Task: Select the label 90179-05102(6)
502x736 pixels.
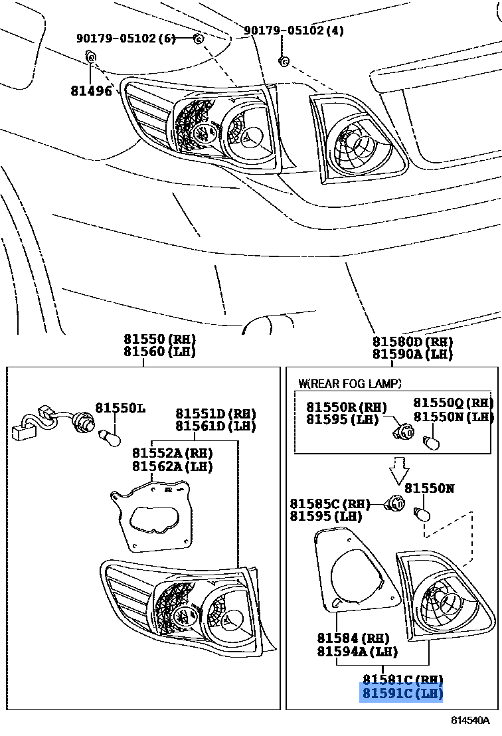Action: [x=126, y=39]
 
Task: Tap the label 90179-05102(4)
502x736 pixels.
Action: [x=294, y=31]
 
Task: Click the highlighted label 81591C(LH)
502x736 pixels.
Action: [x=402, y=694]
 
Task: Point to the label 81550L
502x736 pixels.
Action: [x=120, y=407]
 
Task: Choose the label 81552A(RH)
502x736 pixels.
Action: [x=172, y=453]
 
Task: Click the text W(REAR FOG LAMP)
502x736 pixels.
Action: [x=350, y=383]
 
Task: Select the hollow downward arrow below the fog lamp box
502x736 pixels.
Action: [x=400, y=470]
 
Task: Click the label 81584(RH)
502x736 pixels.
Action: [x=352, y=638]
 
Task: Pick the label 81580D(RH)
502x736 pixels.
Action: [x=412, y=341]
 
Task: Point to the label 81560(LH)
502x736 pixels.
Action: [x=160, y=352]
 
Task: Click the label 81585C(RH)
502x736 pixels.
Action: [x=330, y=504]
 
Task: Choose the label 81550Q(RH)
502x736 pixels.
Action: [x=454, y=403]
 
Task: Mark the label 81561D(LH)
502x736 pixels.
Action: [x=215, y=426]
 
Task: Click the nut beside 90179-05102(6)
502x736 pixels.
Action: [x=197, y=39]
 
